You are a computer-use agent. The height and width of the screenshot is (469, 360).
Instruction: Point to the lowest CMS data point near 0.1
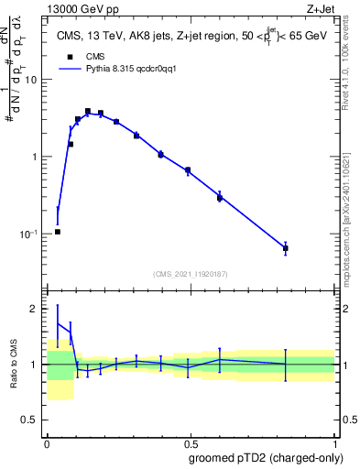[58, 232]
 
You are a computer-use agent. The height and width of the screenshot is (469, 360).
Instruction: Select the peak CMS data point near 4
[88, 111]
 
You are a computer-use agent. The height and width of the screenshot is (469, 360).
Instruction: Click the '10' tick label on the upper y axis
[30, 80]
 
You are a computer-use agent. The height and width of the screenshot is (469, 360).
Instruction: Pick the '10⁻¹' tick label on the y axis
[28, 234]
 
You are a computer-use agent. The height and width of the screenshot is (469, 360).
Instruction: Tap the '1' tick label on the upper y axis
[34, 157]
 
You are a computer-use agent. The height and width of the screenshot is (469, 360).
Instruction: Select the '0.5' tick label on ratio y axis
[29, 420]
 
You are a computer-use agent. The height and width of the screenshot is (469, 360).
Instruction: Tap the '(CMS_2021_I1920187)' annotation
[191, 274]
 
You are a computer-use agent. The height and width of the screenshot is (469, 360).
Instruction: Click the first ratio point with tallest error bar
[58, 322]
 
